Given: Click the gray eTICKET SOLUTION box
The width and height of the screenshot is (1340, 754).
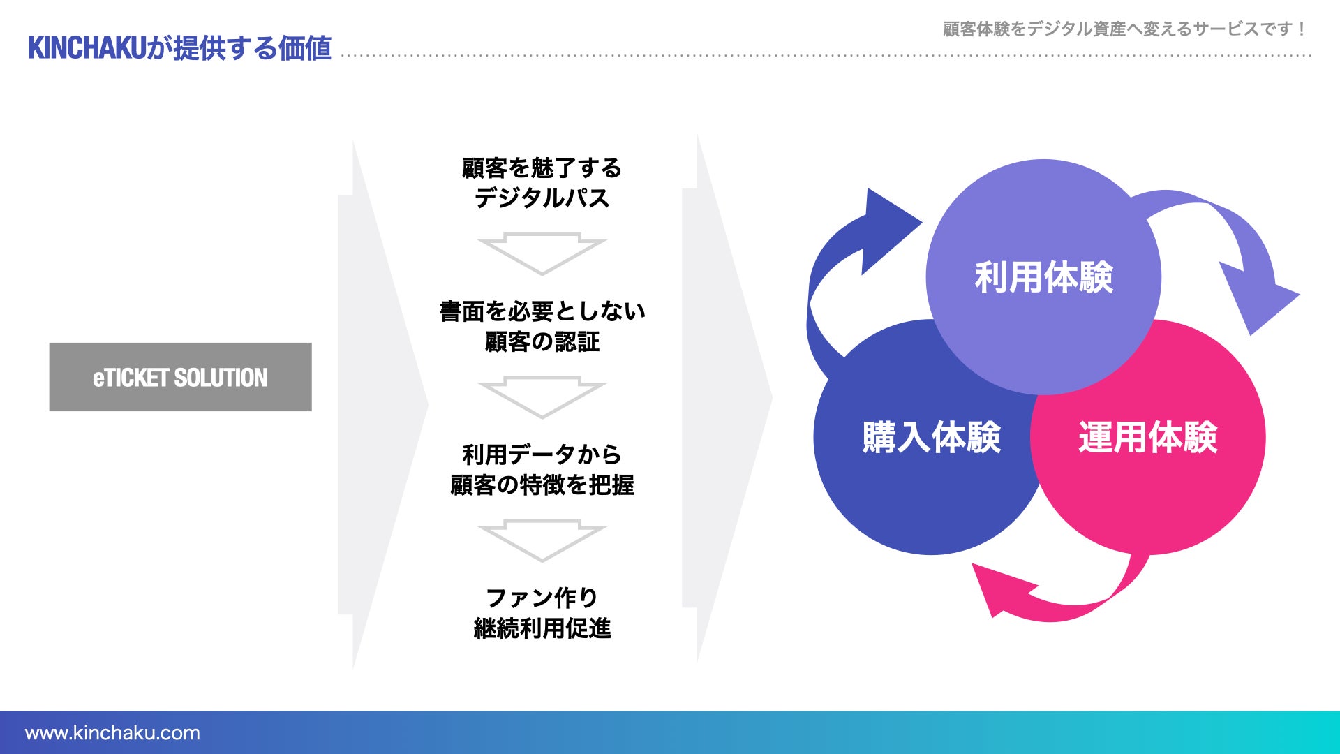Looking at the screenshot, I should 180,377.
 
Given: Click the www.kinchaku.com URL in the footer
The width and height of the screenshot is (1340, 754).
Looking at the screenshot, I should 112,733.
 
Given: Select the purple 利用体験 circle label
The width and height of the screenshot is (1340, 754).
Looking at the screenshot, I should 1043,277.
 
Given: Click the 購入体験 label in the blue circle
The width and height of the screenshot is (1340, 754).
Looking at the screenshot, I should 931,438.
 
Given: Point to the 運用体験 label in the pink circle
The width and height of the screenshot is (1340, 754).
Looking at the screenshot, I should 1147,438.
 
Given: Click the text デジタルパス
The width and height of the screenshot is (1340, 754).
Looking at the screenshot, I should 542,198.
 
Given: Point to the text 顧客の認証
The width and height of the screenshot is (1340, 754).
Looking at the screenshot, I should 542,342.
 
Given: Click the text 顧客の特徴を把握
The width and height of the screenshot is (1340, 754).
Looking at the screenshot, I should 542,485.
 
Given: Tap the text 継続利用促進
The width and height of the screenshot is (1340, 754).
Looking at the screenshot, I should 542,628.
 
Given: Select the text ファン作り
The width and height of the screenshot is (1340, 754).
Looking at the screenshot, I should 542,598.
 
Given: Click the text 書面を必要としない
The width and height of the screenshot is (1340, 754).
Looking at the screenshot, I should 542,311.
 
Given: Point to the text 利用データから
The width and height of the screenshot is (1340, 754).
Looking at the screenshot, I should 542,454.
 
